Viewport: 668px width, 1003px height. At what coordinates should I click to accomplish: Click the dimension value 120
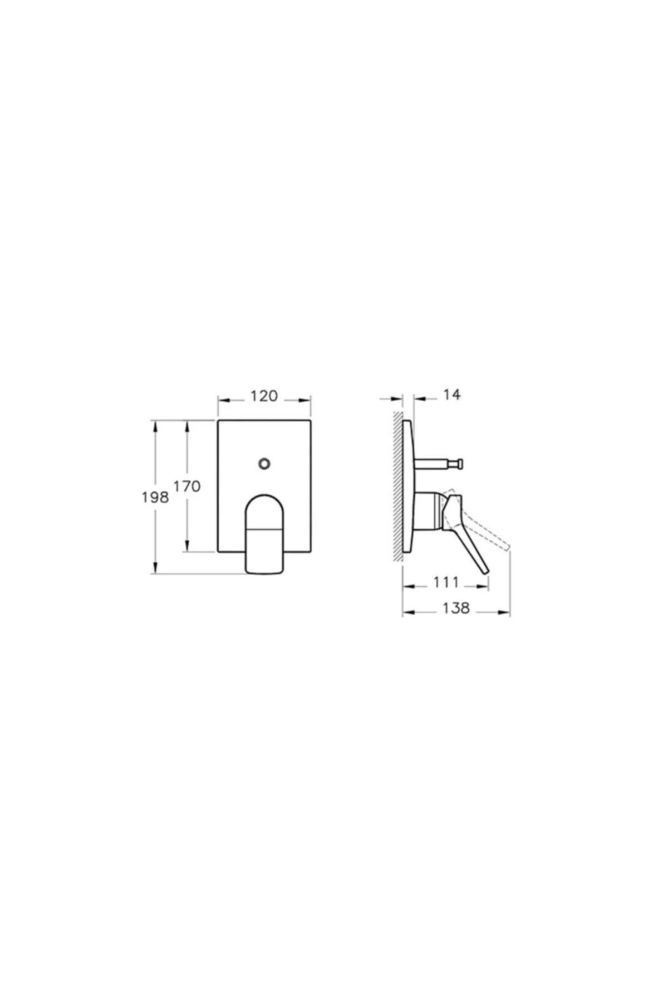coord(264,396)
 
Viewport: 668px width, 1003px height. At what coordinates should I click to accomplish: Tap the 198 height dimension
coord(155,497)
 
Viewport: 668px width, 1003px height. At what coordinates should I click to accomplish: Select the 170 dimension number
coord(187,486)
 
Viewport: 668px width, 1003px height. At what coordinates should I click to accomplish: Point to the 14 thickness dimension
coord(452,395)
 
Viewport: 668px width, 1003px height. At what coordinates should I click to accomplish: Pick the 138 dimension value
coord(456,608)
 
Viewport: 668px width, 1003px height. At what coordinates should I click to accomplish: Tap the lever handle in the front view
coord(265,533)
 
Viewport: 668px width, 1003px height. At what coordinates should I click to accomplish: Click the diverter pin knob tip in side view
coord(459,462)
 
